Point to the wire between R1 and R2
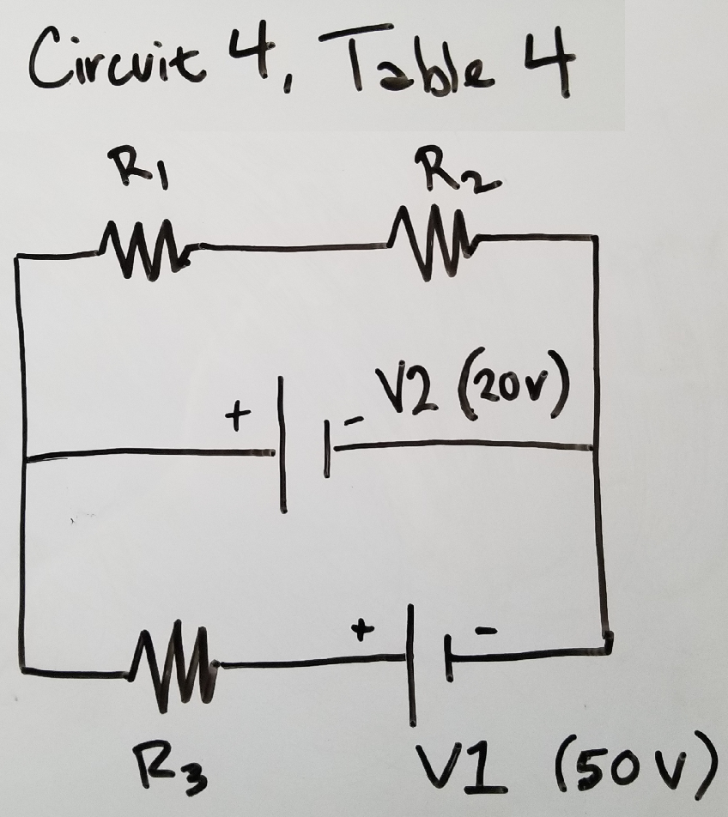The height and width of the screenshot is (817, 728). (283, 249)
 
